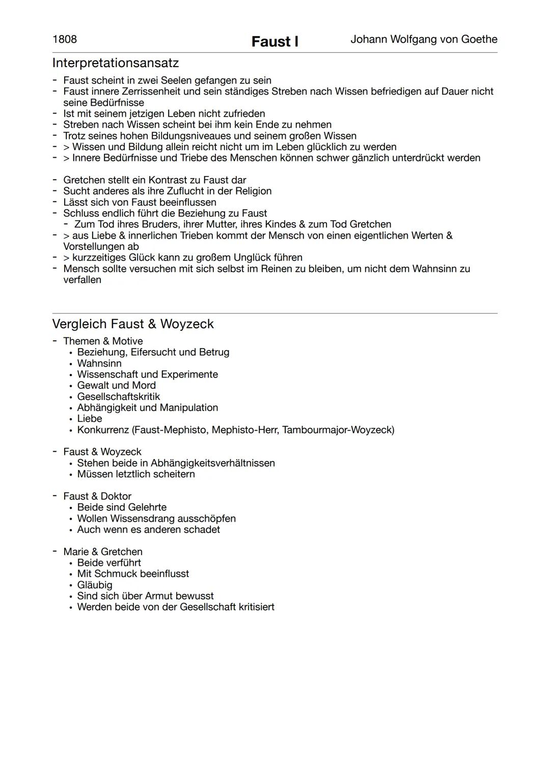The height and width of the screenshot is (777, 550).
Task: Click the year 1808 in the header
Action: [x=65, y=40]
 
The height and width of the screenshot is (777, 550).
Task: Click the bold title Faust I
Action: [x=274, y=42]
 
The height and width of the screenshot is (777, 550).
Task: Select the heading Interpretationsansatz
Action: [x=116, y=63]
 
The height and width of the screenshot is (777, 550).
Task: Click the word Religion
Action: [x=253, y=191]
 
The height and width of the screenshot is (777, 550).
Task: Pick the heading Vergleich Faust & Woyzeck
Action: [x=133, y=324]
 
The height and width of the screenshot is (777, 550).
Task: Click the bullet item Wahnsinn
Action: [x=99, y=363]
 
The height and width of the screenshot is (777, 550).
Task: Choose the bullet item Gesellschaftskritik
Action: [x=118, y=396]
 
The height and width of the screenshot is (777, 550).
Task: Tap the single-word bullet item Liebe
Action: [x=90, y=419]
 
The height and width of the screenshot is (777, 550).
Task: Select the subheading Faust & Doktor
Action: [x=97, y=496]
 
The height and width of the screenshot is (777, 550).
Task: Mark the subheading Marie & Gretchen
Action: [x=103, y=552]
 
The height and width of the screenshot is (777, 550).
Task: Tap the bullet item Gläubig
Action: [x=95, y=585]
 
